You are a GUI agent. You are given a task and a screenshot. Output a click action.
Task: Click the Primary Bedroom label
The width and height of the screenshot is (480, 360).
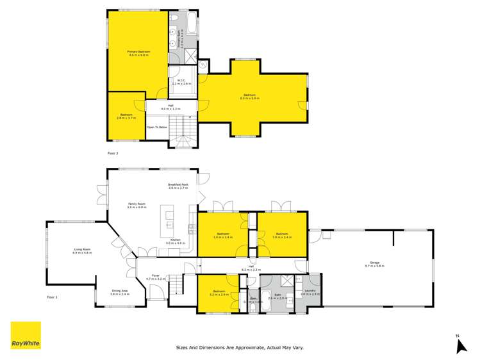pos(138,53)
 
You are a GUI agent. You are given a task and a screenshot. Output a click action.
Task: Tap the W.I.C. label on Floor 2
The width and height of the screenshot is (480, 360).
pos(182,83)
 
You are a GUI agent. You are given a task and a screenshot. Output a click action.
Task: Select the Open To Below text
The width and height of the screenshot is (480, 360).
pos(157,127)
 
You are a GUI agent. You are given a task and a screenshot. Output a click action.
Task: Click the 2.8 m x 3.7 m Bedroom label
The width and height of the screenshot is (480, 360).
pos(126,116)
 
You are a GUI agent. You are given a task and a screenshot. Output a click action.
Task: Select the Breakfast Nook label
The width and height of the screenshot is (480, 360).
pos(178,186)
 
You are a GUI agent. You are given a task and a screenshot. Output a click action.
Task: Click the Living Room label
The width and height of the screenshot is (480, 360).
pos(83,252)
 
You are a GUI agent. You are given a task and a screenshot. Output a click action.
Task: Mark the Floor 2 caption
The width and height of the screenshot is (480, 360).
pos(112,154)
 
